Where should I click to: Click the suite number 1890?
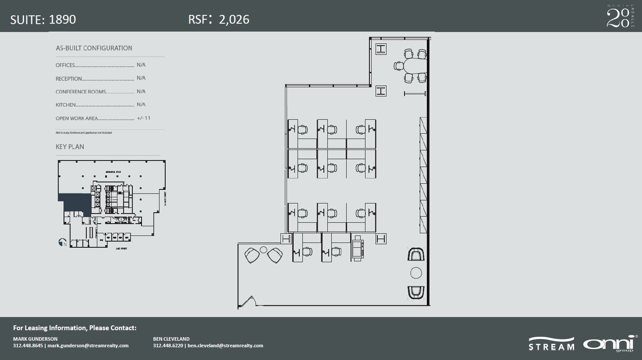[x=62, y=19]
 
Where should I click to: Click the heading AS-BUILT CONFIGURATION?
[x=94, y=48]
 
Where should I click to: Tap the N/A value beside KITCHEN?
[x=141, y=105]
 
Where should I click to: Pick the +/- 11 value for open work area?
[x=143, y=118]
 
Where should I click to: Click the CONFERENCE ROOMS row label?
[x=81, y=92]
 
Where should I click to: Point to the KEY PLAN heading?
[x=70, y=147]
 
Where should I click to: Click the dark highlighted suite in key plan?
[x=74, y=203]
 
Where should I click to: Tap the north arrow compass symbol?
[x=62, y=242]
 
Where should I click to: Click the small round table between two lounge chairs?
[x=263, y=250]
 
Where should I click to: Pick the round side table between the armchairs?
[x=416, y=273]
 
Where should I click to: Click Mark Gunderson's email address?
[x=88, y=346]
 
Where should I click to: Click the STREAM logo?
[x=551, y=344]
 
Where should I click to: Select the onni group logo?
[x=610, y=343]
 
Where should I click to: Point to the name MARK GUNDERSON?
[x=35, y=339]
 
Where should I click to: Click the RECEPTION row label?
[x=69, y=79]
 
